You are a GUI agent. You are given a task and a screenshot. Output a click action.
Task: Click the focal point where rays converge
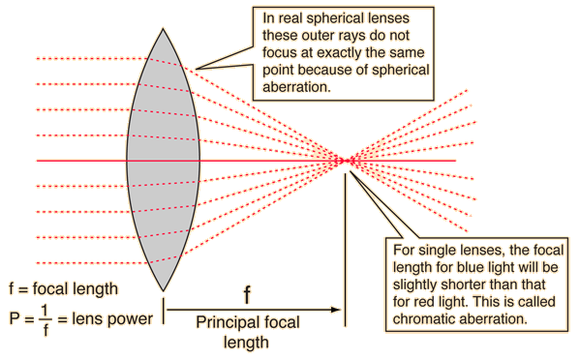(x=344, y=161)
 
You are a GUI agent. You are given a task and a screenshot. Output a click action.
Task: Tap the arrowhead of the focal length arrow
(x=338, y=310)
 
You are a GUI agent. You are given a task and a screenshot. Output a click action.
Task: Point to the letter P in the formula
(x=13, y=318)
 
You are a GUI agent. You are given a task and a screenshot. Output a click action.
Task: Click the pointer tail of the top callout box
(x=218, y=58)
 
